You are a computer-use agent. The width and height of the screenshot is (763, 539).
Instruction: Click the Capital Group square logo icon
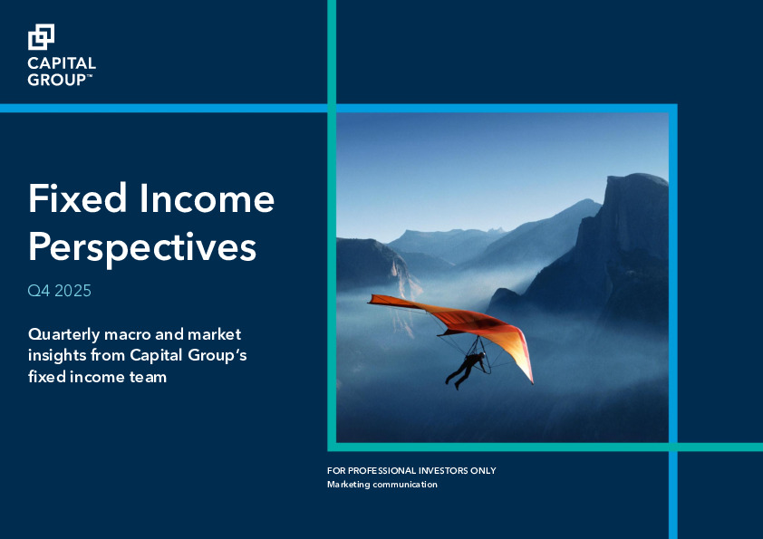pos(42,36)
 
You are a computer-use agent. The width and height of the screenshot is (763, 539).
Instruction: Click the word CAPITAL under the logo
pos(62,63)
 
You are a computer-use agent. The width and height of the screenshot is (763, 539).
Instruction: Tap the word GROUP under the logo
pos(57,80)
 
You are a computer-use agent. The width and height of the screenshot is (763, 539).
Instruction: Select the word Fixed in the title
pos(77,198)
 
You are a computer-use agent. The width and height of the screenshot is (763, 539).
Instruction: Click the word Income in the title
pos(208,198)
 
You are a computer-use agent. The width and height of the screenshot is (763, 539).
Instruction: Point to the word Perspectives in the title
pos(142,247)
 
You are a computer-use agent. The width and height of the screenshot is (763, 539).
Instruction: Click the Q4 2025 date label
pos(60,291)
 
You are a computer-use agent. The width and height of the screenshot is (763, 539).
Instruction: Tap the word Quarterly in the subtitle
pos(63,335)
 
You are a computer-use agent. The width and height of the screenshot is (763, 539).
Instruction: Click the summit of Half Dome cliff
pos(636,175)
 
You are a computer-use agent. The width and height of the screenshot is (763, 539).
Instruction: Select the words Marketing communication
pos(382,485)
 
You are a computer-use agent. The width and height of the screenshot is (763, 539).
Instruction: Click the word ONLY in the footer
pos(483,470)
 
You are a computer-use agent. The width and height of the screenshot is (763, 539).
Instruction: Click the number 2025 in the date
pos(73,291)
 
